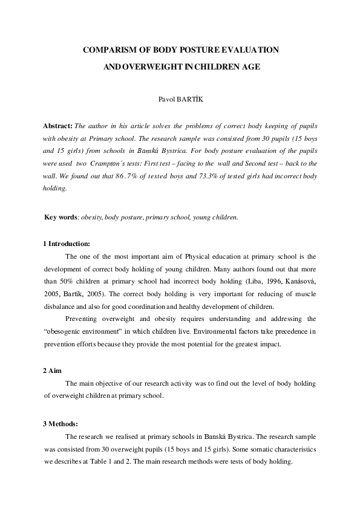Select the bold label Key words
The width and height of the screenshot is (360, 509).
(x=59, y=217)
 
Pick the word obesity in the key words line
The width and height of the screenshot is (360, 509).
(x=91, y=217)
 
